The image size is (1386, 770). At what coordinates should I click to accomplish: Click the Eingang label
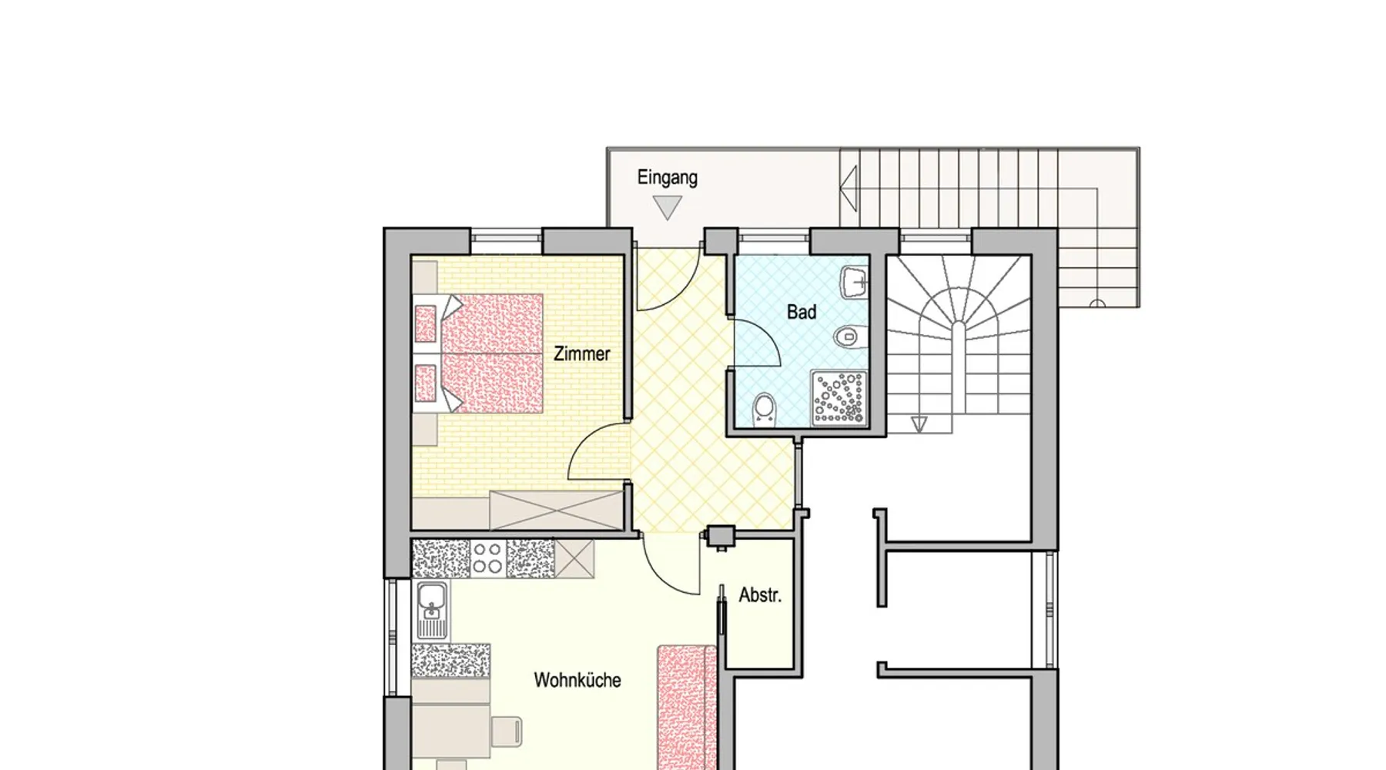[x=667, y=178]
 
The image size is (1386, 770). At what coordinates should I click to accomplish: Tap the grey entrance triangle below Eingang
[x=667, y=207]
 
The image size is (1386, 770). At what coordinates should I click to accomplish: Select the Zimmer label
[x=581, y=354]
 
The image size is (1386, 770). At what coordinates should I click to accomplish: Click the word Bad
[x=801, y=313]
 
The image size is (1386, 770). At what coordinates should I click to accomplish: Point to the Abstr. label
[x=760, y=595]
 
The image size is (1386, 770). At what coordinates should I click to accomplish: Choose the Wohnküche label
[x=577, y=681]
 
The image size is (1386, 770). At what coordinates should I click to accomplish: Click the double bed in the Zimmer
[x=478, y=353]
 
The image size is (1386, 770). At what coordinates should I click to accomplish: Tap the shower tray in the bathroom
[x=839, y=398]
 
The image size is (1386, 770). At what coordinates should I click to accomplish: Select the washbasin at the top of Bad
[x=855, y=283]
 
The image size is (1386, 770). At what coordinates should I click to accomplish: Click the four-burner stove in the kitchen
[x=487, y=558]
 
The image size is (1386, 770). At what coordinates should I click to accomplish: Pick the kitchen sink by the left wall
[x=432, y=611]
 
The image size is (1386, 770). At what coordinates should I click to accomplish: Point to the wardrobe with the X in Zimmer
[x=555, y=510]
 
